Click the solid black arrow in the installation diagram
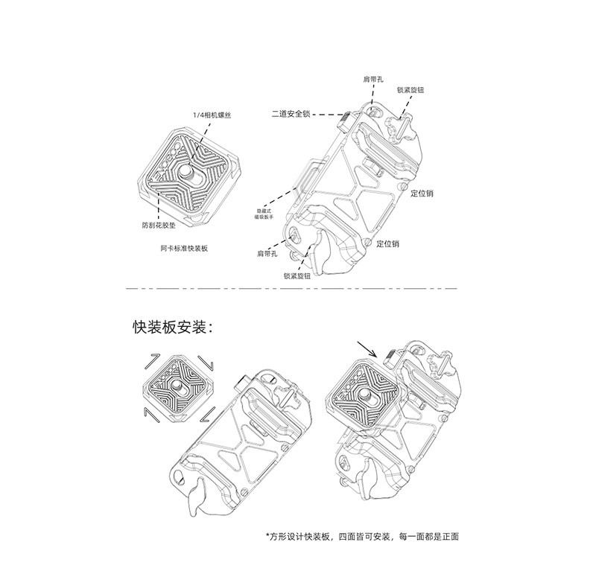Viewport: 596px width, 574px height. click(x=367, y=348)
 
